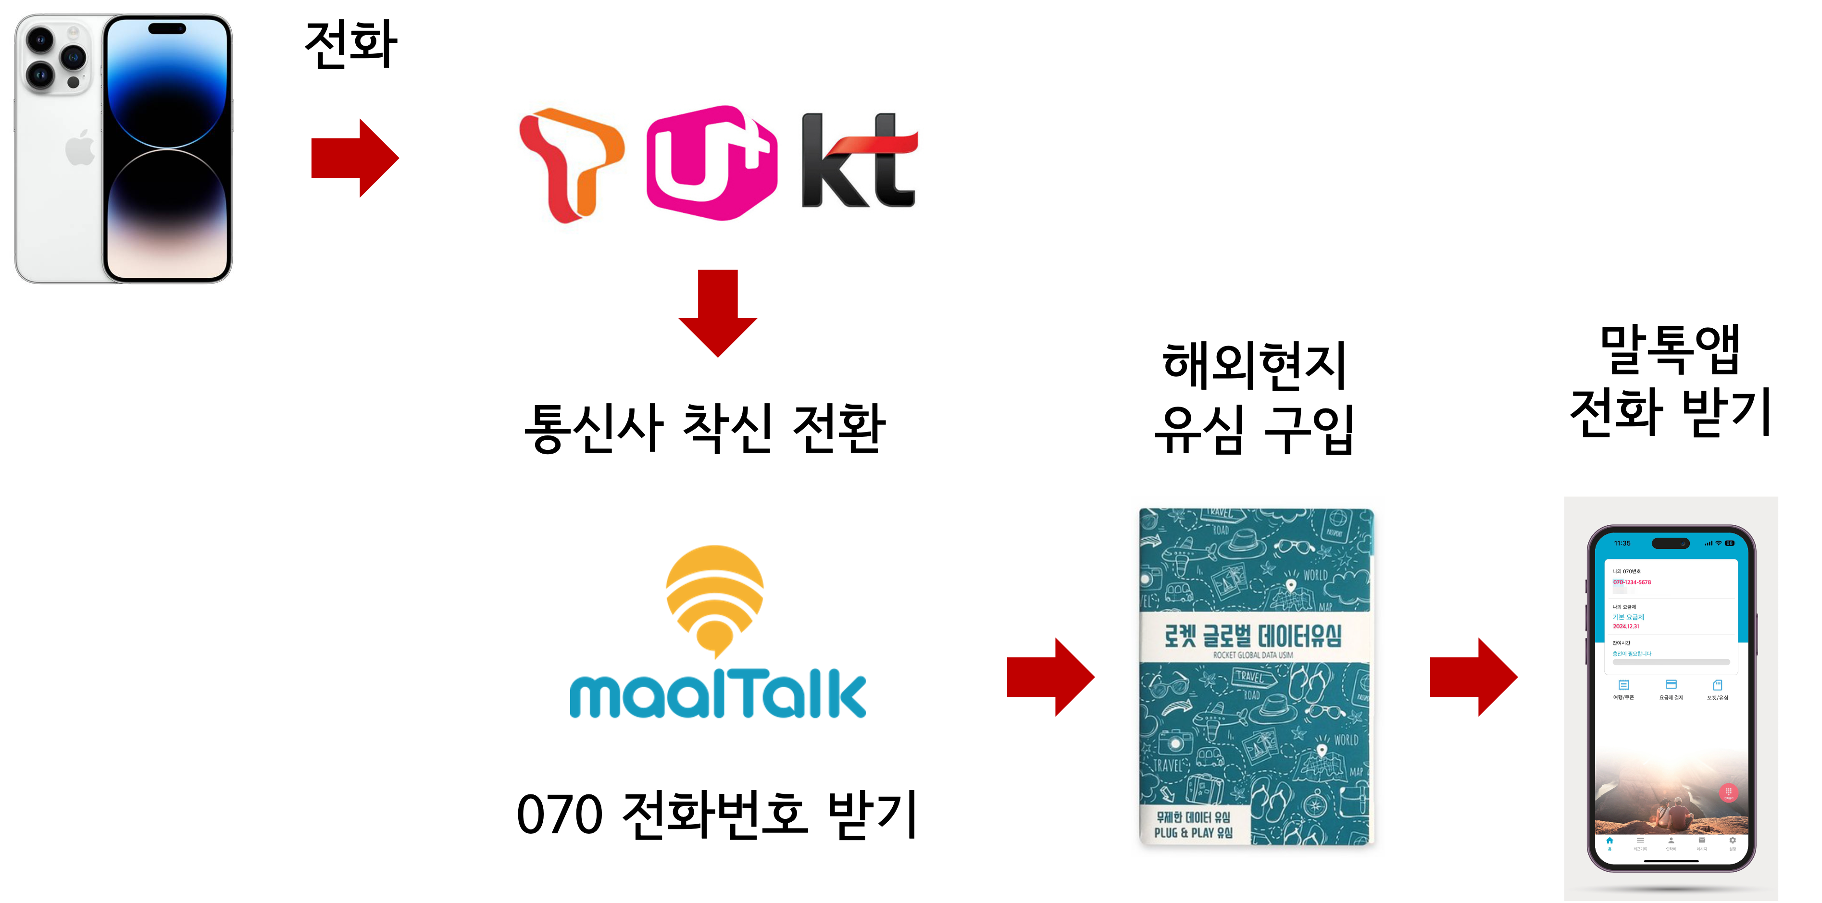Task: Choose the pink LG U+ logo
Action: point(711,162)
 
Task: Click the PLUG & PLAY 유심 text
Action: point(1194,833)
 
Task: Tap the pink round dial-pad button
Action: point(1729,792)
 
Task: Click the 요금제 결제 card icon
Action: point(1672,684)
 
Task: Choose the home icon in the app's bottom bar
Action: point(1610,841)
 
